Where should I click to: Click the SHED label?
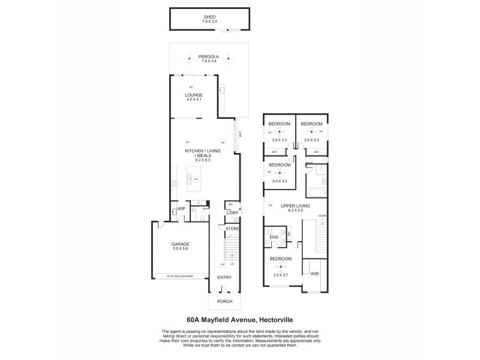(209, 17)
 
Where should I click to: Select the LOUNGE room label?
(193, 95)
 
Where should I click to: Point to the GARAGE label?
(181, 244)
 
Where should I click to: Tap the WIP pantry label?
(181, 209)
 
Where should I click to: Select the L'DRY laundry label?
(232, 213)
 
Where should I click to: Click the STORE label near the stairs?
(232, 229)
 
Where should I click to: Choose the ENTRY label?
(224, 277)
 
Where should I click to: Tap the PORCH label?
(224, 301)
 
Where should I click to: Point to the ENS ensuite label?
(274, 238)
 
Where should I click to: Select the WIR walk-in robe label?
(314, 274)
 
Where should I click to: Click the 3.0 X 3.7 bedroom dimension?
(280, 274)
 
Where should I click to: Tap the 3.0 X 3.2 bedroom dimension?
(280, 181)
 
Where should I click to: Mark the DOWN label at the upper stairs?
(322, 215)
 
